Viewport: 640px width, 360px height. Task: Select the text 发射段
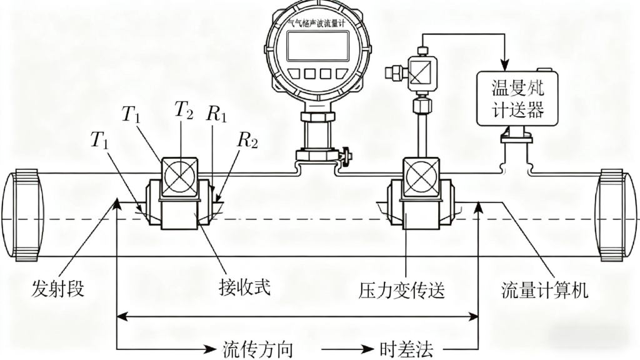point(57,289)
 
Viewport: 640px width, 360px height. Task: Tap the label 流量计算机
point(545,289)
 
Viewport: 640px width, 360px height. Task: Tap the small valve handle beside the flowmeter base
point(345,153)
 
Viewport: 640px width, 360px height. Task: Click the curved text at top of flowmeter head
point(316,21)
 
